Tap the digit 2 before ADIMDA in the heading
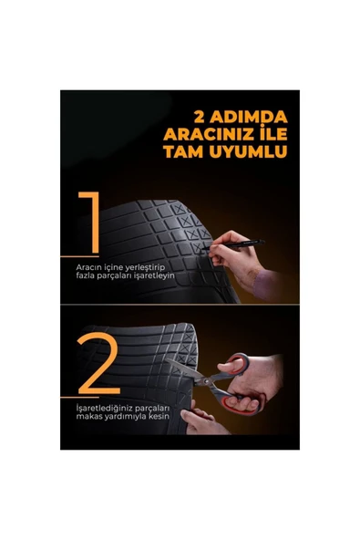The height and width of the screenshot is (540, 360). [x=201, y=118]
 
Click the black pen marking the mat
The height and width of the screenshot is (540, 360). [x=239, y=244]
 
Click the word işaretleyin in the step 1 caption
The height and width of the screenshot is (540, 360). [x=151, y=275]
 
